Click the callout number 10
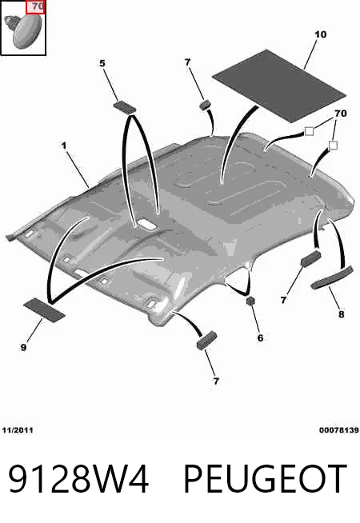320,34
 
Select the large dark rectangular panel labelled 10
279,85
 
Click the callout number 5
102,63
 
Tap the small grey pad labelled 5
125,107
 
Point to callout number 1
63,146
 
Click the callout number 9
23,348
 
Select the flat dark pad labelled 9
44,310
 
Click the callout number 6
260,338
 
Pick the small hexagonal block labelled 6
250,301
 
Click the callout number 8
341,313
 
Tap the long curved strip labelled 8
332,277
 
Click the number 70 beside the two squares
341,114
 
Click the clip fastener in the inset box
24,31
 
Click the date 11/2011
18,430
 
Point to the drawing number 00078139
338,430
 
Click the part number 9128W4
78,479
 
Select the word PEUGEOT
266,479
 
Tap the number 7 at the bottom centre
216,381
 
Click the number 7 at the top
187,62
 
